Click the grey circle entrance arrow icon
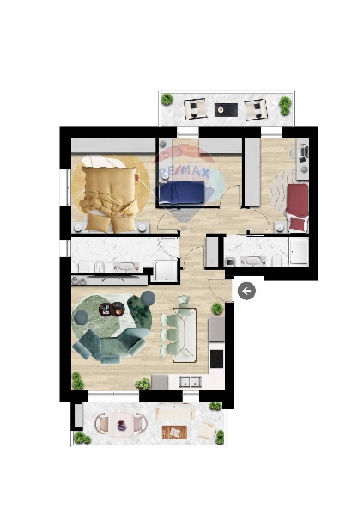(x=246, y=291)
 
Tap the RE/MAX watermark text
(x=185, y=172)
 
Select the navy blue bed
(x=181, y=193)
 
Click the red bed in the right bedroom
(x=297, y=207)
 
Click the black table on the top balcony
(x=226, y=110)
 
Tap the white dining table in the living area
(x=185, y=335)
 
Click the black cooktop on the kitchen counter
(x=216, y=359)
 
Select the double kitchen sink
(x=190, y=382)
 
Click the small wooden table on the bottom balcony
(x=174, y=432)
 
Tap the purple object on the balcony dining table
(x=122, y=425)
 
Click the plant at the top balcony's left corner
(x=167, y=99)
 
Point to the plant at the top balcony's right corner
(x=285, y=105)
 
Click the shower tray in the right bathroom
(x=299, y=251)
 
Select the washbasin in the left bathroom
(x=125, y=267)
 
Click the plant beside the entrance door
(x=217, y=309)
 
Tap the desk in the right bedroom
(x=302, y=159)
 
